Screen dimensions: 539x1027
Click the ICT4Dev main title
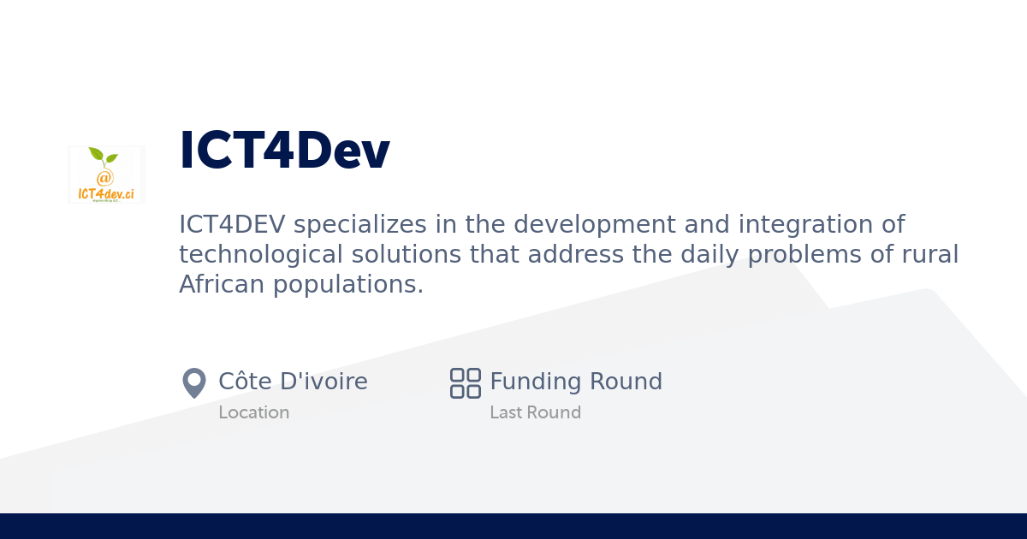284,151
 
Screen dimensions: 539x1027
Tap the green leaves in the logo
103,157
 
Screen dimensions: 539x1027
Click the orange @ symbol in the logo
104,178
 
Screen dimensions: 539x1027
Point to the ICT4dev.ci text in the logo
106,193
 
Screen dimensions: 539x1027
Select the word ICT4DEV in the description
232,224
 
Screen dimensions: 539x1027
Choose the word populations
348,284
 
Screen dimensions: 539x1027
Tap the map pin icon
194,382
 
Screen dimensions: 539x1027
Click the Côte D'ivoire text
293,382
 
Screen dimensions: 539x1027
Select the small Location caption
253,412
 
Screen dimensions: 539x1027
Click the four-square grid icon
466,382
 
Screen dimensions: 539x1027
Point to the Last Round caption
535,412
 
